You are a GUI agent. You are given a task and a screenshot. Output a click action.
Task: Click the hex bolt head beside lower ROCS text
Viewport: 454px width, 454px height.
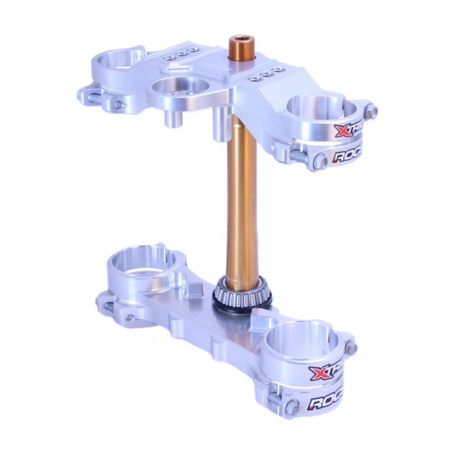293,407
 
